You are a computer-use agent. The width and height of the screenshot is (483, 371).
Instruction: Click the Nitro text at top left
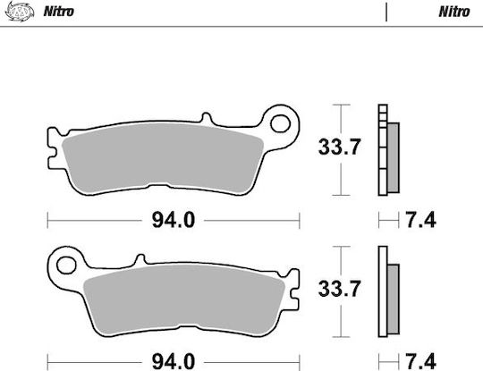[58, 12]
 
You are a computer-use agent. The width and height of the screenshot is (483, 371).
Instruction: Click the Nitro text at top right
[454, 12]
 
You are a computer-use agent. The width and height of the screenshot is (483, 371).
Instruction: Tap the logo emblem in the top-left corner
[20, 12]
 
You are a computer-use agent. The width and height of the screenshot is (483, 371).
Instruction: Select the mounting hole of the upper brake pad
[280, 123]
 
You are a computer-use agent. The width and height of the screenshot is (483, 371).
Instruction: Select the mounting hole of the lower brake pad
[66, 266]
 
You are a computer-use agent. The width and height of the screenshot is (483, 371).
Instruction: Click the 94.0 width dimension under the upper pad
[174, 221]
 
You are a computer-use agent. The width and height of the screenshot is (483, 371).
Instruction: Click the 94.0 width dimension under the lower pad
[174, 362]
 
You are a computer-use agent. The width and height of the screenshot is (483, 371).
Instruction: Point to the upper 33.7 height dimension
[339, 147]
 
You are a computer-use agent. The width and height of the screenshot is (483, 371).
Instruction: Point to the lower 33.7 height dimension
[339, 289]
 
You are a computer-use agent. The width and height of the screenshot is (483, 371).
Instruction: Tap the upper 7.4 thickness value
[420, 220]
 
